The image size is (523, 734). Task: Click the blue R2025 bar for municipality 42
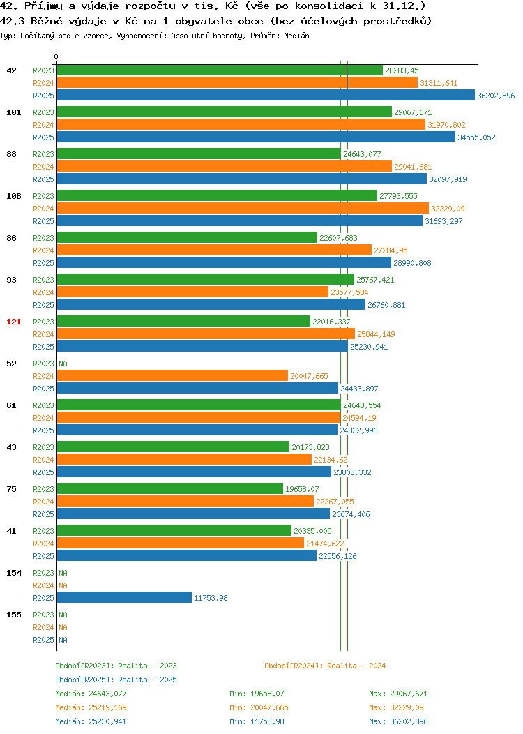(x=266, y=95)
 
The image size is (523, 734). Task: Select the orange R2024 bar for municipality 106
(x=243, y=209)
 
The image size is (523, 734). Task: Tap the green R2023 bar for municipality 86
(x=187, y=238)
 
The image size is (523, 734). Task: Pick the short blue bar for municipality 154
(x=124, y=598)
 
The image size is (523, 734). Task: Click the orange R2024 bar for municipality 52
(x=173, y=376)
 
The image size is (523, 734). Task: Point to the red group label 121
(x=13, y=322)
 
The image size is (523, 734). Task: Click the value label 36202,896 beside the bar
(x=496, y=96)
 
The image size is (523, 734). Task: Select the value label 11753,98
(x=211, y=598)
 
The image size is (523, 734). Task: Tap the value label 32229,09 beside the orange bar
(x=448, y=209)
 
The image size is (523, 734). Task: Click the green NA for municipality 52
(x=63, y=364)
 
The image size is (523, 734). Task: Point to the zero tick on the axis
(x=56, y=57)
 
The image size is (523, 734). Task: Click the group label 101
(x=13, y=112)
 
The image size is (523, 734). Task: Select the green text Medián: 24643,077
(x=91, y=694)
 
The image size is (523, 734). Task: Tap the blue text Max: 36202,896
(x=398, y=722)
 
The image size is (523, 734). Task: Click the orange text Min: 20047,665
(x=259, y=707)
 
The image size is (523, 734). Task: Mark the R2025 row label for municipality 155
(x=43, y=640)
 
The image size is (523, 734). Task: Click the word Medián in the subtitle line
(x=296, y=36)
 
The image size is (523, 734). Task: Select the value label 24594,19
(x=359, y=418)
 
